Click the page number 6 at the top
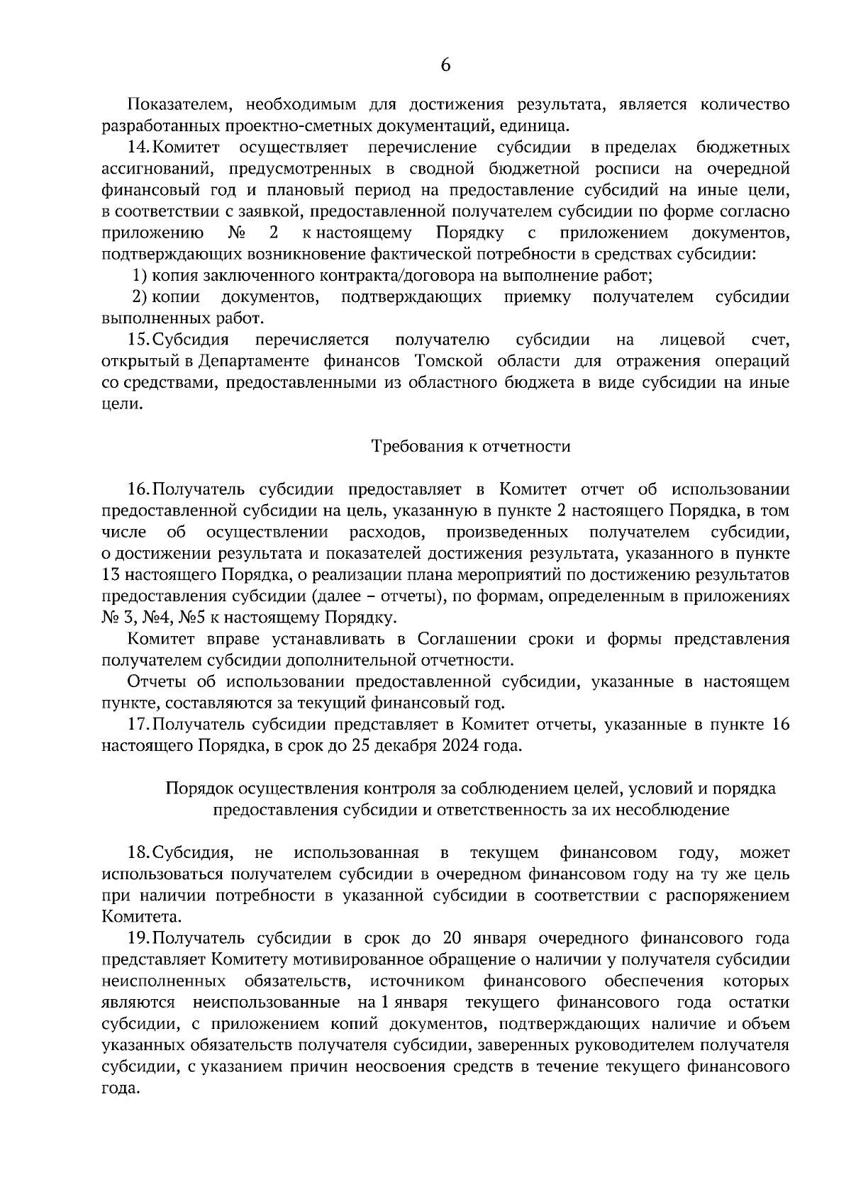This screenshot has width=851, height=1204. pos(445,65)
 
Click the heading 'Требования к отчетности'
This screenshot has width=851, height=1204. pos(471,446)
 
